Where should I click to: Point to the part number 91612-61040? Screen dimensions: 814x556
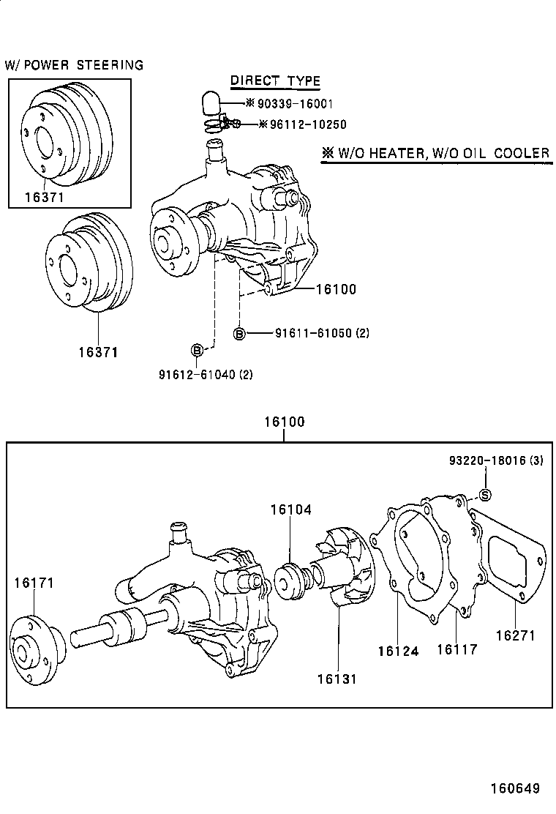click(196, 375)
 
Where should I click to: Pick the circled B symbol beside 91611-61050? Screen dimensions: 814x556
click(239, 334)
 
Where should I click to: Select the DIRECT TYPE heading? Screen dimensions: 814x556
click(275, 81)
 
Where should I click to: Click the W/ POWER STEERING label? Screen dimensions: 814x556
click(74, 65)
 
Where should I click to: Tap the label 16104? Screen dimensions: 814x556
click(290, 509)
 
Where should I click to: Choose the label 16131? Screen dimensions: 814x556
click(337, 679)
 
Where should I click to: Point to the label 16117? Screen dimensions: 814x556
click(457, 649)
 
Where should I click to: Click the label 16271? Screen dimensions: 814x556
click(516, 635)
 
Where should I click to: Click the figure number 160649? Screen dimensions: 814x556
click(514, 788)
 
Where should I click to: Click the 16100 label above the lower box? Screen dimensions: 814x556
click(284, 422)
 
